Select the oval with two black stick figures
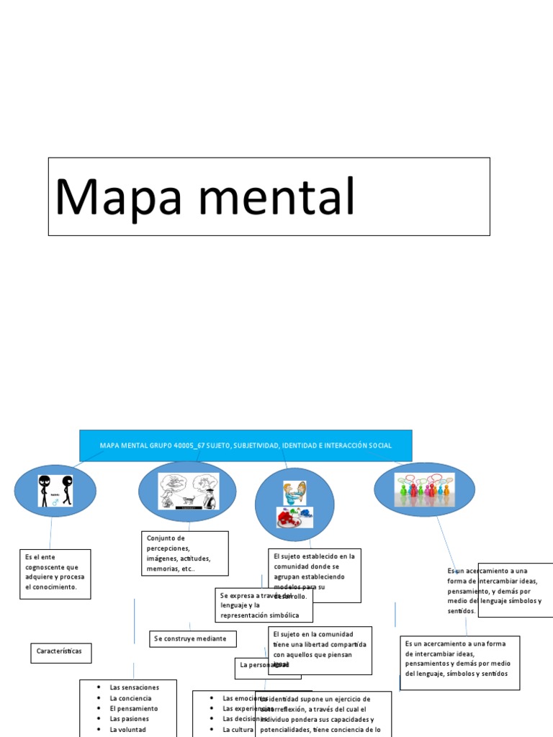point(55,491)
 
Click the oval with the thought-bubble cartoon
point(187,492)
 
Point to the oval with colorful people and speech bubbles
point(424,489)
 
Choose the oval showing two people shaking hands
point(295,503)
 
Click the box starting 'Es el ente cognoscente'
point(55,574)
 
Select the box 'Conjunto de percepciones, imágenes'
point(184,553)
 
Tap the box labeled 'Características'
point(60,651)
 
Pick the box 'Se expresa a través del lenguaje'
point(264,605)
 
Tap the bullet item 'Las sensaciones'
point(134,687)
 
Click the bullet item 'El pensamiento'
point(134,708)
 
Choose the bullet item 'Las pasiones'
point(130,718)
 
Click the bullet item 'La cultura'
point(238,729)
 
